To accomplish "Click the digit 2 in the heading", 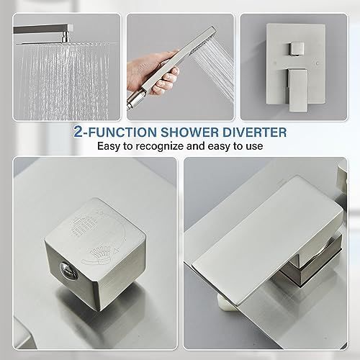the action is coord(78,131).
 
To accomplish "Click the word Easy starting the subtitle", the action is coord(109,146).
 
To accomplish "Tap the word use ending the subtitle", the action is coord(254,146).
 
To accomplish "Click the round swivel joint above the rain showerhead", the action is coord(66,38).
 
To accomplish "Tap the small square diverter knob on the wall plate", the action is coord(296,49).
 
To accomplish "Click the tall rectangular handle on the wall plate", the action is coord(297,90).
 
